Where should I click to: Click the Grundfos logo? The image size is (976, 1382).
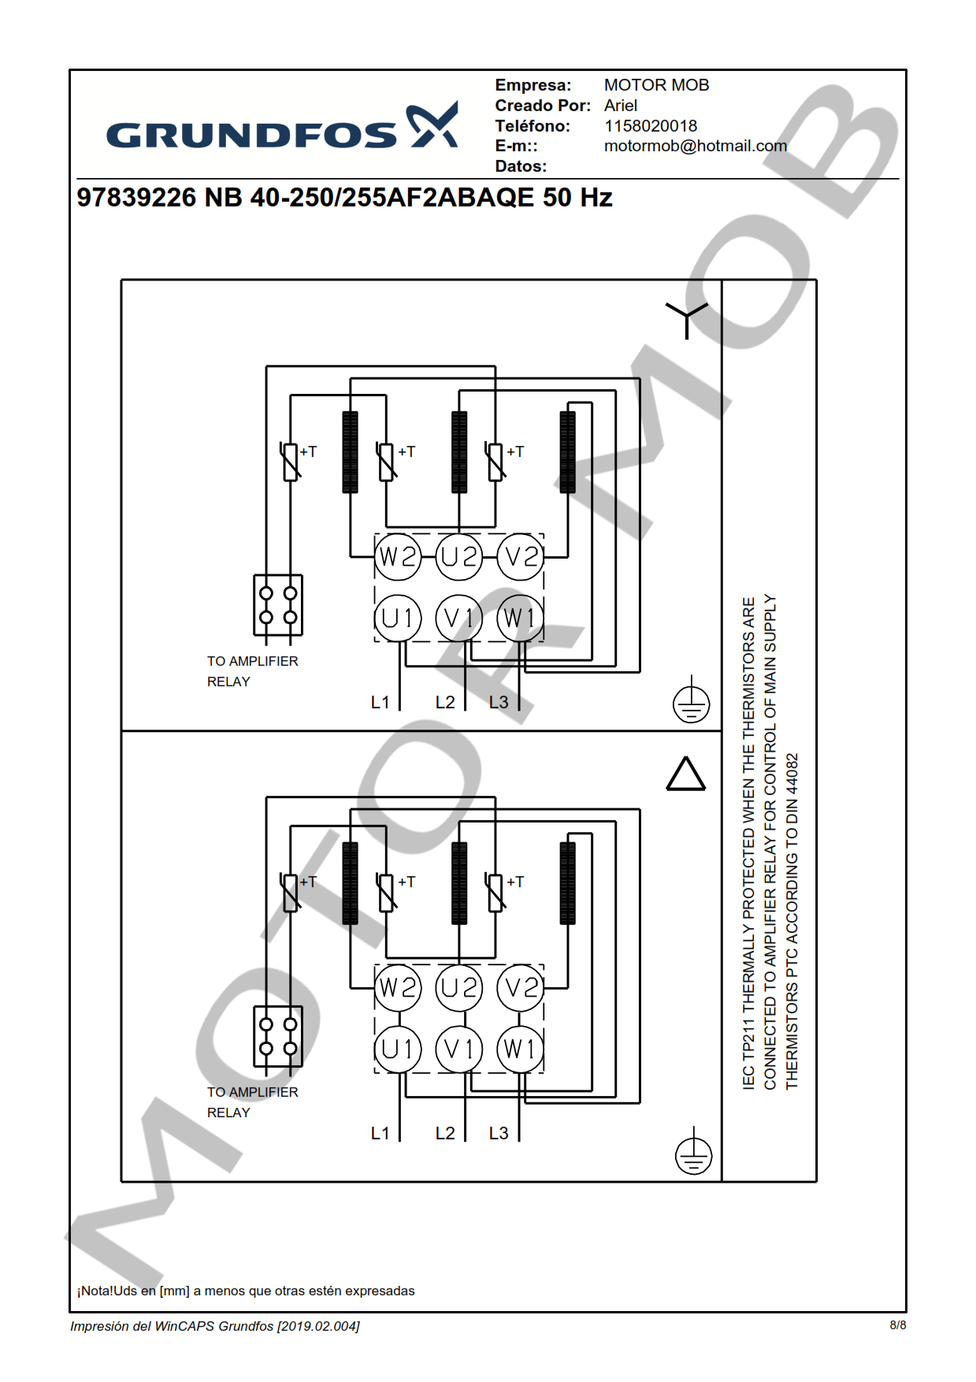click(281, 128)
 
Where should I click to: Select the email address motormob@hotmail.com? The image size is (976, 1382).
click(695, 146)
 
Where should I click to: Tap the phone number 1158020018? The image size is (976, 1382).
click(650, 126)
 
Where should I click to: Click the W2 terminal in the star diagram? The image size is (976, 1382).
click(398, 557)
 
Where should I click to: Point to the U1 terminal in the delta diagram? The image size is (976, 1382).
click(398, 1049)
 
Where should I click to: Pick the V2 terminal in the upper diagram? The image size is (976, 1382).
click(521, 557)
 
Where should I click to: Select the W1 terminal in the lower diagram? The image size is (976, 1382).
click(520, 1049)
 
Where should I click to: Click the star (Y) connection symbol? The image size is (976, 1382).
click(686, 318)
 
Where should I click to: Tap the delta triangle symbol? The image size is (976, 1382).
click(686, 774)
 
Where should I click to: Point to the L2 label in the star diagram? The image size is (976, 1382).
click(445, 702)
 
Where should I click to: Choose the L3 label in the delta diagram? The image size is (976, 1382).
click(499, 1133)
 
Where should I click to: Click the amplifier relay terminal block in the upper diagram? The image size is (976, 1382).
click(278, 605)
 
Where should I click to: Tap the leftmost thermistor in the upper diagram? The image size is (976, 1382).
click(291, 462)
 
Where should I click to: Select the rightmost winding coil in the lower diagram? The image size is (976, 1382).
click(567, 883)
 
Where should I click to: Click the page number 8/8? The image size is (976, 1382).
click(897, 1325)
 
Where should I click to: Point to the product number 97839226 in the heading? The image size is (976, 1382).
click(136, 198)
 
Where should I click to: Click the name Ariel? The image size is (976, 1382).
click(621, 106)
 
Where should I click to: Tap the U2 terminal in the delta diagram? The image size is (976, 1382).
click(459, 988)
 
